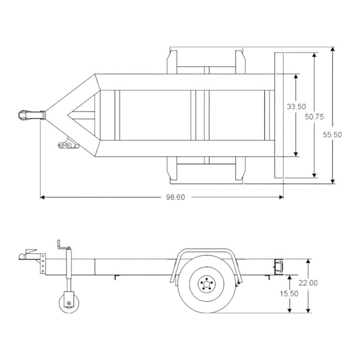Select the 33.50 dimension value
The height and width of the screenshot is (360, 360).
296,107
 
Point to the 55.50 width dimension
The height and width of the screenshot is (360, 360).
332,134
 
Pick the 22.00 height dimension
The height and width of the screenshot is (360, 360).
307,283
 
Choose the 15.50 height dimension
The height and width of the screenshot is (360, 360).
289,294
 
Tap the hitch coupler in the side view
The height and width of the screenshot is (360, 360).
27,256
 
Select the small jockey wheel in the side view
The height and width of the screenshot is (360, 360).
68,300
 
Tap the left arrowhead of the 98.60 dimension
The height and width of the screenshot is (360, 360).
43,197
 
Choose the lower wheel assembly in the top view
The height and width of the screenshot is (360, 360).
207,170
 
